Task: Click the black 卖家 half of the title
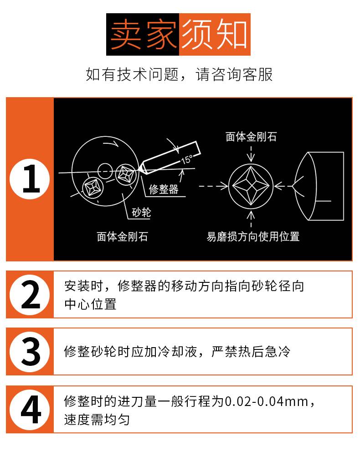143,34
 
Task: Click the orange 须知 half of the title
215,34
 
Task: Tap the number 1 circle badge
30,179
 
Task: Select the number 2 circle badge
30,294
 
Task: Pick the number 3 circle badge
30,351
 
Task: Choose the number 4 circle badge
30,410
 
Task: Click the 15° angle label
187,160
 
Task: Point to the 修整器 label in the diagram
164,189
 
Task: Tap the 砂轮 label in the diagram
141,213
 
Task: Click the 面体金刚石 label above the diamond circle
251,137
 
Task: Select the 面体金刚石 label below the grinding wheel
122,237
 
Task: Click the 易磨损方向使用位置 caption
253,237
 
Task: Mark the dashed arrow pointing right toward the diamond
213,186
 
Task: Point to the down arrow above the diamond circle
251,154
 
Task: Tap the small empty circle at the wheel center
105,171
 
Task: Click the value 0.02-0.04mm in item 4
267,401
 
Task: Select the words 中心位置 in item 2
90,304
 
